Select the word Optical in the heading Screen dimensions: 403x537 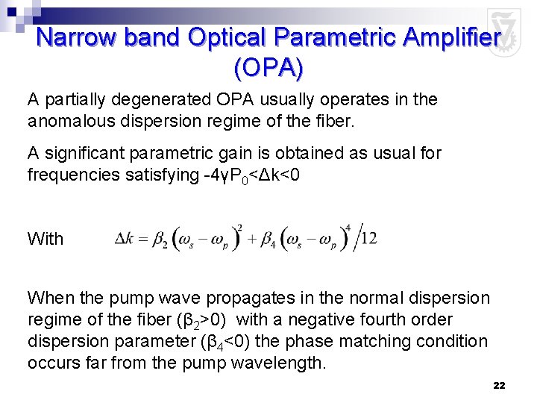tap(224, 37)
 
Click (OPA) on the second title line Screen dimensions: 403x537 tap(268, 69)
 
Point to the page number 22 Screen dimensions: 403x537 tap(500, 385)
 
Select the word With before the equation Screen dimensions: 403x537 tap(45, 239)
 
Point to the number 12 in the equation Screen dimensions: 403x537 tap(368, 239)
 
